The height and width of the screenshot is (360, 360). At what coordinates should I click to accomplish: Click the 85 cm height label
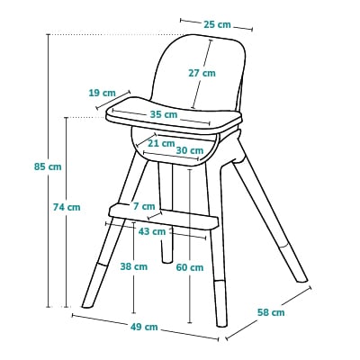48,166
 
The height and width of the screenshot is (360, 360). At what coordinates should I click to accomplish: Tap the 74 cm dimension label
67,207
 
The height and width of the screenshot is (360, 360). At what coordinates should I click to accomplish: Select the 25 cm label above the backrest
218,24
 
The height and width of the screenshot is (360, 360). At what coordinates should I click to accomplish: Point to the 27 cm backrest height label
202,73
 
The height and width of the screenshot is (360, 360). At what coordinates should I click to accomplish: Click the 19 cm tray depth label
103,93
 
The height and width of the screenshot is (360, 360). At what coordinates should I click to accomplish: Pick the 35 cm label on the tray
164,114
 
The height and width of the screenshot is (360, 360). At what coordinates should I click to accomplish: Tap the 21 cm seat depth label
161,143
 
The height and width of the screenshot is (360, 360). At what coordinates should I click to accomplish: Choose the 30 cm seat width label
190,150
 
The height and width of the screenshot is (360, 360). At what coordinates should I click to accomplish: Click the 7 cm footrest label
144,206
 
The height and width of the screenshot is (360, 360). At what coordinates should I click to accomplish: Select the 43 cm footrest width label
152,231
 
